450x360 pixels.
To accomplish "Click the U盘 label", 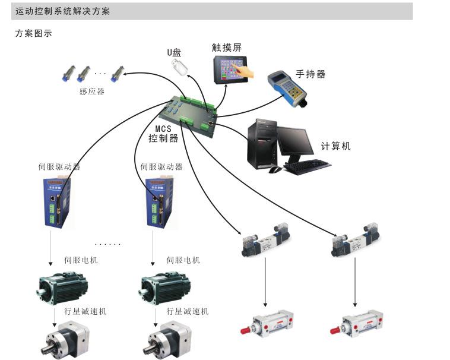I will (174, 52).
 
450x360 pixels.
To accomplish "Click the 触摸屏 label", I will (227, 48).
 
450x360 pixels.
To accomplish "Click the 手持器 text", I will (310, 74).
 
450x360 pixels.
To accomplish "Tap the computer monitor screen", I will (295, 141).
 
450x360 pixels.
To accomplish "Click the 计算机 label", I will (335, 146).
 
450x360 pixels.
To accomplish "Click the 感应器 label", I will (91, 91).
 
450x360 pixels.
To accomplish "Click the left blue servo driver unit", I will (56, 203).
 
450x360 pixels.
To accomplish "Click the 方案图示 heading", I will (33, 34).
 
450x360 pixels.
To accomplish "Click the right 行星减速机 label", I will (187, 311).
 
